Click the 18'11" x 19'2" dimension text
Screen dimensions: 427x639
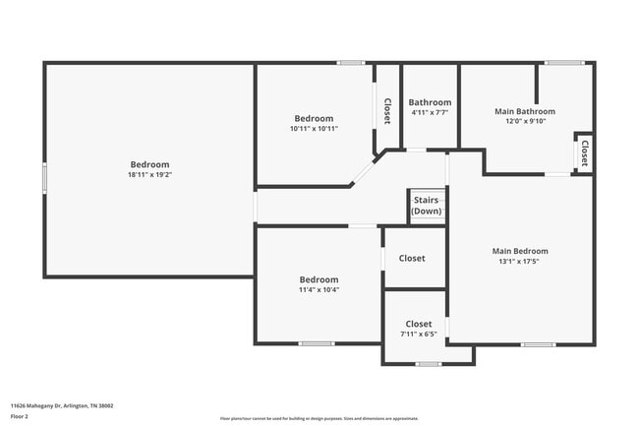click(150, 175)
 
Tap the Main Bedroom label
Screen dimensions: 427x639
click(520, 251)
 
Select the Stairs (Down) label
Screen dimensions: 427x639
click(427, 205)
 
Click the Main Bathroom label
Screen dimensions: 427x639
click(524, 111)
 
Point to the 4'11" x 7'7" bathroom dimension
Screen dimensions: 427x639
click(431, 113)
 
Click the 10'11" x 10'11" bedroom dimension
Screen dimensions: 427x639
click(314, 129)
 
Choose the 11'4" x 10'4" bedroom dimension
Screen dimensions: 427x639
click(319, 289)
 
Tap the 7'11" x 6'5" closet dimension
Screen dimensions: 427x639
click(418, 334)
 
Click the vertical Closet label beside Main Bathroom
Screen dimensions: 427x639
click(584, 153)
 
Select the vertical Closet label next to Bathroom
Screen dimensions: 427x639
click(387, 109)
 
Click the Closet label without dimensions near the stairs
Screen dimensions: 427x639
click(412, 258)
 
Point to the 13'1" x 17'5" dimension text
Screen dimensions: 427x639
click(520, 261)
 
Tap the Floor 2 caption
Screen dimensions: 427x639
click(21, 416)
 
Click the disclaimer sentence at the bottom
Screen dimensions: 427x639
click(319, 418)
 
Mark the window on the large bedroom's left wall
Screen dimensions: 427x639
click(44, 177)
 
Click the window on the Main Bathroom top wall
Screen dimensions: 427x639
click(564, 63)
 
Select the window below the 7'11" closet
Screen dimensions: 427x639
click(427, 364)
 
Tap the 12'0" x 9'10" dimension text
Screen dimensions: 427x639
click(524, 121)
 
